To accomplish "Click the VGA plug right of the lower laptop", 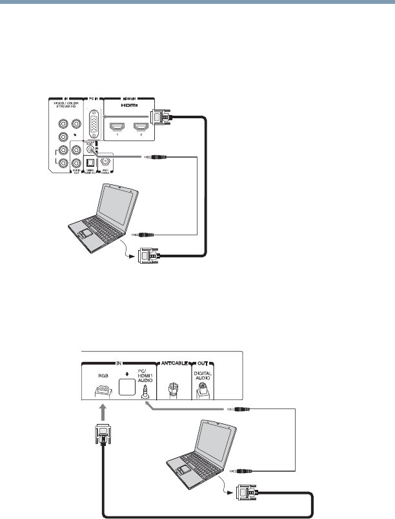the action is click(250, 496).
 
